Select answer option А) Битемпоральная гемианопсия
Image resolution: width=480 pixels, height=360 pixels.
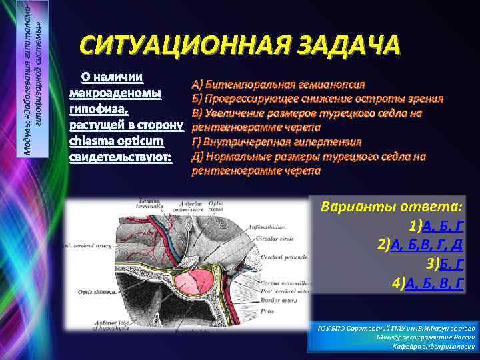(x=278, y=85)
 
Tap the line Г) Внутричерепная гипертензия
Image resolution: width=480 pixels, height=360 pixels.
(x=277, y=142)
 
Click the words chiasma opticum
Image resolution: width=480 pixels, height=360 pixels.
(x=116, y=141)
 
